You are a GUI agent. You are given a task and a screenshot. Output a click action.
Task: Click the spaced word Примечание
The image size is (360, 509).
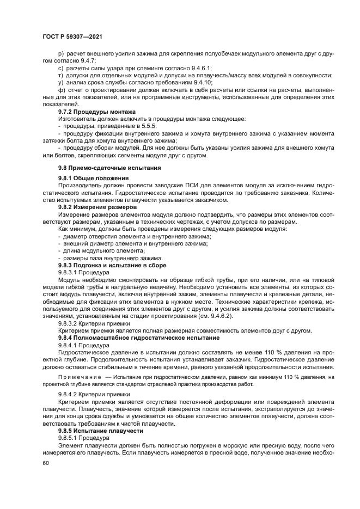tap(81, 376)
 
